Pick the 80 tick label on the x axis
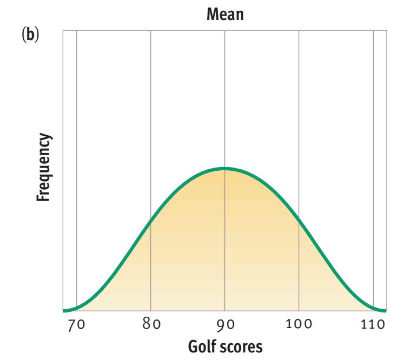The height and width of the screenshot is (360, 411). tap(150, 325)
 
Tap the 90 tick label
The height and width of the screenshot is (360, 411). tap(224, 325)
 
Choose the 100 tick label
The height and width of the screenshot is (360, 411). tap(299, 325)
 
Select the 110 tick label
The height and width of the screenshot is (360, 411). tap(373, 325)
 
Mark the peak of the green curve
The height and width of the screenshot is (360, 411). tap(224, 169)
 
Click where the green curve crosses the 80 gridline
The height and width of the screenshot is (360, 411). tap(150, 220)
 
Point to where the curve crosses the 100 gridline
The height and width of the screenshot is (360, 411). tap(299, 220)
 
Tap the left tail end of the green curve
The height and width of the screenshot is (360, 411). tap(64, 311)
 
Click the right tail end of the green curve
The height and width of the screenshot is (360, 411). tap(385, 311)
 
